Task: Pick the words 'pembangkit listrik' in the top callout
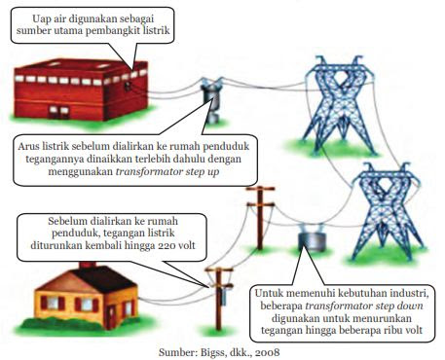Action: pos(137,31)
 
